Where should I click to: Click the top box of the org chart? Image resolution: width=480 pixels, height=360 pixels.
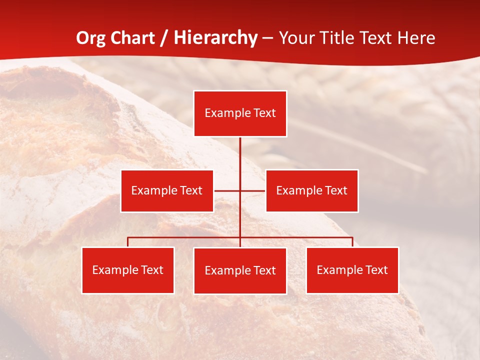pos(240,113)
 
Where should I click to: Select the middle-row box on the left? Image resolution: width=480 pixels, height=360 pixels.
pos(167,190)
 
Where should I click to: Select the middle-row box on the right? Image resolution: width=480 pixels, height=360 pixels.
pos(311,190)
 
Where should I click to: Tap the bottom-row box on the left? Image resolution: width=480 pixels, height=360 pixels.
pos(128,270)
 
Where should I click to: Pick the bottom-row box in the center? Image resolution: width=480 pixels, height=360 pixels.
pos(240,270)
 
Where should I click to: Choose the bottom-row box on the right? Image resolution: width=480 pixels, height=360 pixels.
pos(352,270)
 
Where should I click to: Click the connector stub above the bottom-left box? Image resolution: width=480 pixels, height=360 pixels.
pos(128,242)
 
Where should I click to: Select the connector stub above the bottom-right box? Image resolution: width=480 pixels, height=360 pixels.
pos(352,242)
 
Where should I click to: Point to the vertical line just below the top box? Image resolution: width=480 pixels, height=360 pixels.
pos(240,150)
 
